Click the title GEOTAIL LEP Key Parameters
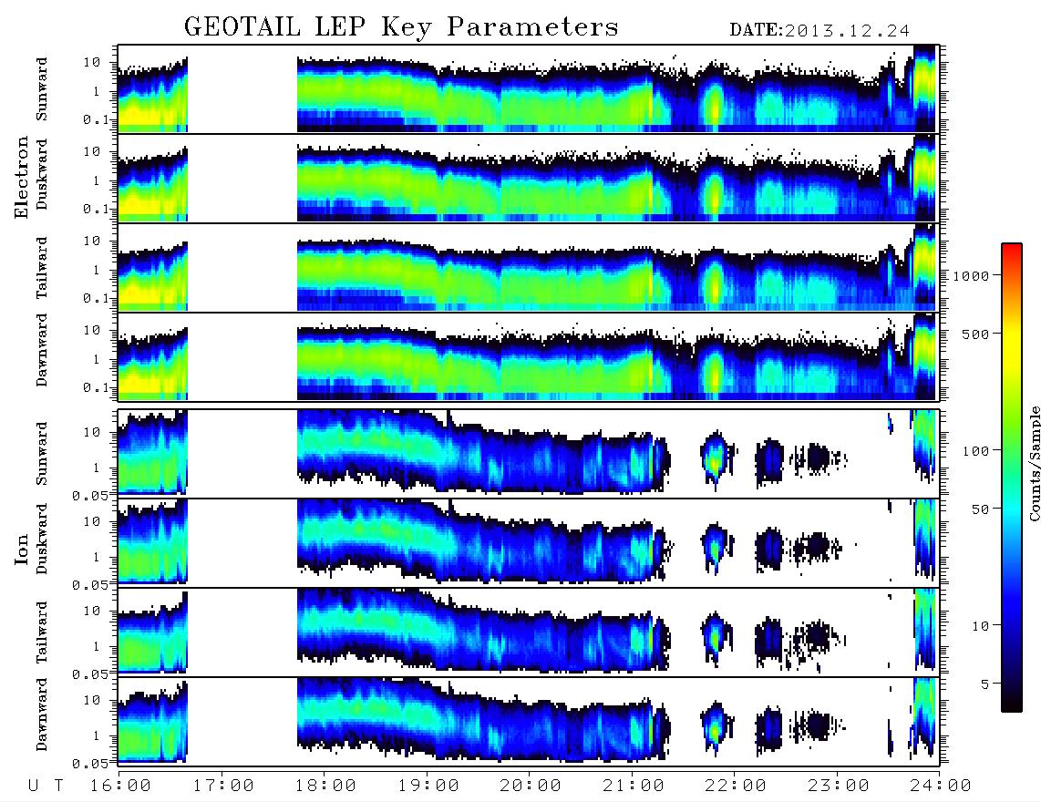point(401,27)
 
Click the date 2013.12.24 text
point(847,31)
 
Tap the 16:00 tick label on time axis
point(120,786)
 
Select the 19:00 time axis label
point(428,786)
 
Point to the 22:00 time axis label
point(736,786)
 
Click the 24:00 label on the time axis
point(941,786)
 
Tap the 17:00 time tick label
point(223,786)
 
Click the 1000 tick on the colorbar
point(971,275)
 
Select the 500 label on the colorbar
point(975,334)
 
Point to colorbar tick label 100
point(975,451)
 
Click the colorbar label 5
point(984,684)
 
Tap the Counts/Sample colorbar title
point(1034,463)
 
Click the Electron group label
point(21,177)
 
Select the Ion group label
point(21,550)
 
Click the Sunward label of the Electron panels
point(42,89)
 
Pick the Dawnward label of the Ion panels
point(42,714)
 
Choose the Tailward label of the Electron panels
point(42,268)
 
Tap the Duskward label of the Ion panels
point(42,540)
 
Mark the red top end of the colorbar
point(1012,246)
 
